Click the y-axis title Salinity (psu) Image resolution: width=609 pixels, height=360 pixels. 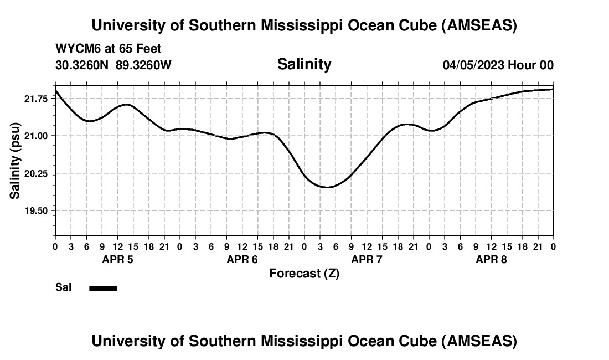click(x=15, y=161)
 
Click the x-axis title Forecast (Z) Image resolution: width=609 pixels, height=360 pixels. click(x=304, y=273)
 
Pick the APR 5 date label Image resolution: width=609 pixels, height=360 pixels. click(x=117, y=260)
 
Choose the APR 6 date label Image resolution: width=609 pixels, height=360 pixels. click(x=242, y=260)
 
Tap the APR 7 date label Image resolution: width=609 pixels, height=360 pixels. click(x=367, y=260)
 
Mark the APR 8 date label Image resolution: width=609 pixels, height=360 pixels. click(x=491, y=260)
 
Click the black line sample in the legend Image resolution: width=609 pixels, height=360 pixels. click(x=103, y=288)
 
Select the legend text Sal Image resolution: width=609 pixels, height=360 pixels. click(x=63, y=287)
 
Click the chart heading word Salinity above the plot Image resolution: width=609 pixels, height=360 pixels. click(x=304, y=64)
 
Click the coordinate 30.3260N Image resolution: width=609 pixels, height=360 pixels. click(x=83, y=65)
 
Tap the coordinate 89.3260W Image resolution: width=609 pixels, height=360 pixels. click(x=143, y=65)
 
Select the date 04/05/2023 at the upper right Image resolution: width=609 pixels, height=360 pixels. click(x=473, y=65)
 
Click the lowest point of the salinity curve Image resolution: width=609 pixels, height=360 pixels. click(x=328, y=187)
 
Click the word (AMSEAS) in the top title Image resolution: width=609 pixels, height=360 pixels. click(x=479, y=25)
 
